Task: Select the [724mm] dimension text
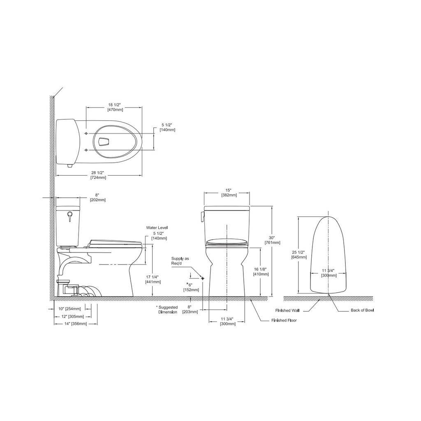pyautogui.click(x=98, y=178)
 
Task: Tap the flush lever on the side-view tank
pyautogui.click(x=70, y=216)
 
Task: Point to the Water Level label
pyautogui.click(x=157, y=228)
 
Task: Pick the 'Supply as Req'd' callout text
pyautogui.click(x=180, y=261)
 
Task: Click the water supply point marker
pyautogui.click(x=202, y=278)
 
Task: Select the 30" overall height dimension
pyautogui.click(x=272, y=238)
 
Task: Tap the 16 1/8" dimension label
pyautogui.click(x=260, y=269)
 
